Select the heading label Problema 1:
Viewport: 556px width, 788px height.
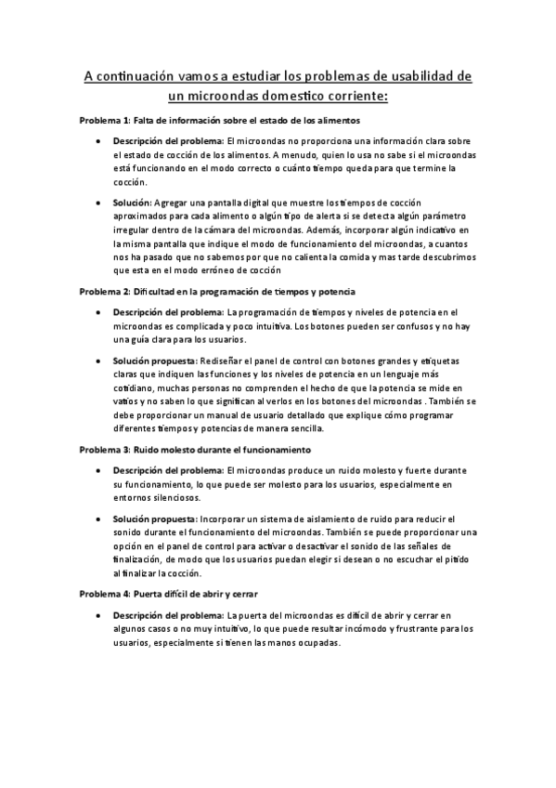(x=104, y=122)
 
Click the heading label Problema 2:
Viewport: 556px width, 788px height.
(x=104, y=292)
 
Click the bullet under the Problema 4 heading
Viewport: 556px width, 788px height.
(x=99, y=615)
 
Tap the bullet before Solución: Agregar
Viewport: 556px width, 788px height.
(x=99, y=202)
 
